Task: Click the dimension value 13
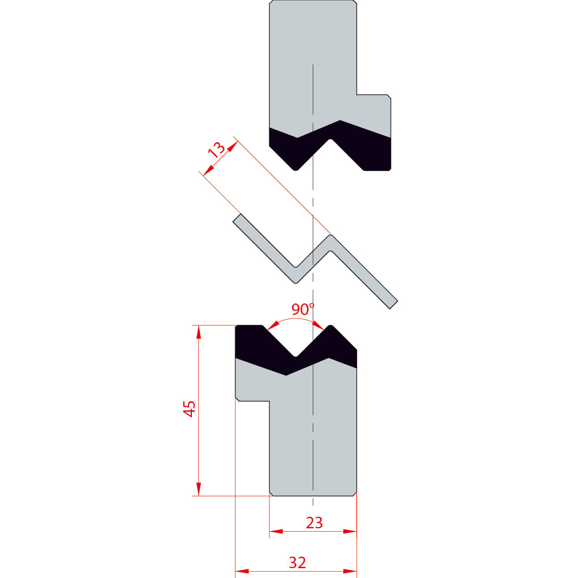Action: tap(217, 149)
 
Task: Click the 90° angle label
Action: tap(303, 309)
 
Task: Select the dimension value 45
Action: tap(190, 409)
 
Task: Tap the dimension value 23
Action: tap(314, 523)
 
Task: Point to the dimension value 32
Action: tap(298, 563)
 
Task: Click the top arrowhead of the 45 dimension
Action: tap(199, 332)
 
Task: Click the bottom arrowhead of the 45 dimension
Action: tap(199, 490)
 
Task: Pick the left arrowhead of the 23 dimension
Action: tap(276, 532)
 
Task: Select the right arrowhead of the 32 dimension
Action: tap(350, 572)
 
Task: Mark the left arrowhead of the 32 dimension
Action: tap(242, 572)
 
